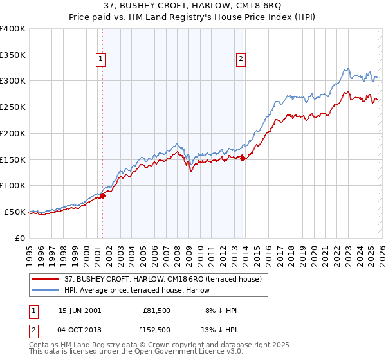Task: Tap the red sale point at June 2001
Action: [102, 195]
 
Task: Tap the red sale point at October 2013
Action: [243, 158]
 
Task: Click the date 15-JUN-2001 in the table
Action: [80, 310]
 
